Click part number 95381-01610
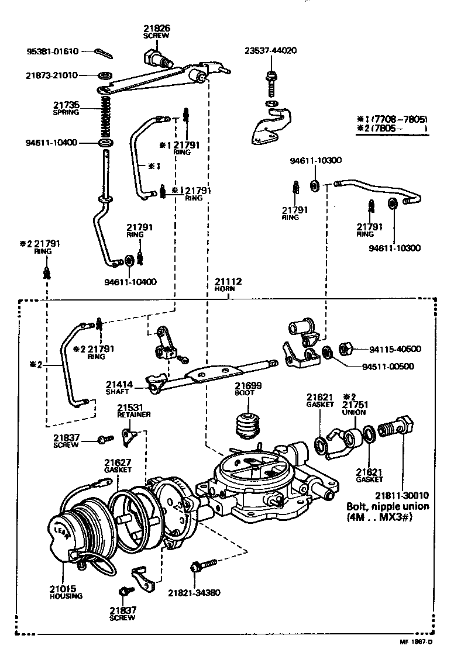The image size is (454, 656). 53,51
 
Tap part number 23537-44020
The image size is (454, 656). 270,51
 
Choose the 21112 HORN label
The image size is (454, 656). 228,285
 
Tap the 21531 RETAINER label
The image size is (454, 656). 133,410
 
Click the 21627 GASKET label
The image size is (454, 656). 118,465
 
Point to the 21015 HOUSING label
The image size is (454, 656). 66,592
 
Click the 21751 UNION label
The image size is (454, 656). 354,408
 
